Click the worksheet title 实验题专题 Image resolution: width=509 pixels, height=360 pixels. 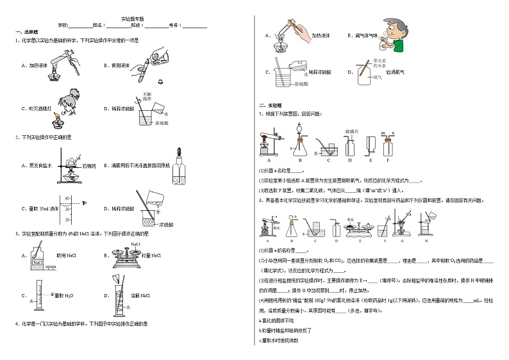pos(131,19)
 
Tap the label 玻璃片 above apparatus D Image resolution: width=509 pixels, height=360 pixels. pos(352,130)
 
